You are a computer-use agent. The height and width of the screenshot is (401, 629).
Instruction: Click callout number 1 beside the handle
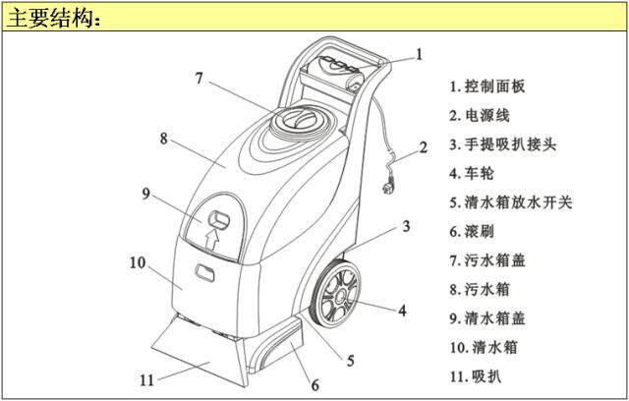point(420,54)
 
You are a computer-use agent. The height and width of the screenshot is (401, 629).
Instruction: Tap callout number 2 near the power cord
point(423,148)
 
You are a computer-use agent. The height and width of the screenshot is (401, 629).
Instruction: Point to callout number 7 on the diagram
point(199,77)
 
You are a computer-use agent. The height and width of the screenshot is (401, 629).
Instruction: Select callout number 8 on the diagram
point(163,138)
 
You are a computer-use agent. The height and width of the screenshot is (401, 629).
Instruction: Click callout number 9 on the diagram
point(144,194)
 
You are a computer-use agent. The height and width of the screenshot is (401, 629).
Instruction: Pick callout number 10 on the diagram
point(138,262)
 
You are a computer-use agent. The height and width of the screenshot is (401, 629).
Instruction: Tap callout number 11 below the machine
point(145,377)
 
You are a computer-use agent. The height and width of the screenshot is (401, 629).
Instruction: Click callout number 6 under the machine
point(315,383)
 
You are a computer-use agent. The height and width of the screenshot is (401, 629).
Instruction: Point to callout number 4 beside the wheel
point(402,311)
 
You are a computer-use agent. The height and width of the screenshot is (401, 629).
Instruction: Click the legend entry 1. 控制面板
point(487,86)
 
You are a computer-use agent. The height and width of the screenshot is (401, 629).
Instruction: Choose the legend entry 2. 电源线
point(480,115)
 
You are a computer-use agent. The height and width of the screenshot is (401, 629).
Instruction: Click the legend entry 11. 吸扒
point(476,375)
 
